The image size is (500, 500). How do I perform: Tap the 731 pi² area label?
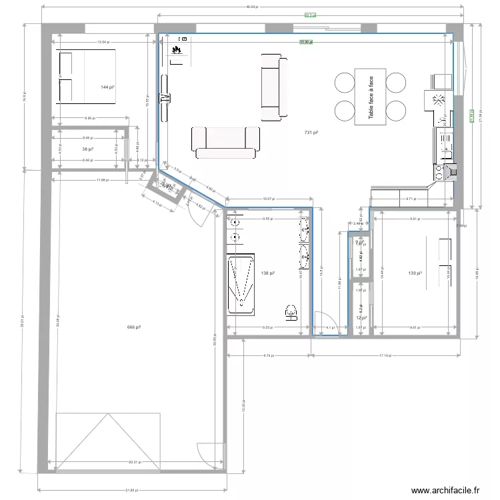click(x=311, y=133)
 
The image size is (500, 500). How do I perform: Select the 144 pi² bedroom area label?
click(x=107, y=87)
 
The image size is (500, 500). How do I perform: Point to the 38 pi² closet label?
click(x=87, y=149)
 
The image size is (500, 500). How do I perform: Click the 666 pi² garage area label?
click(x=133, y=327)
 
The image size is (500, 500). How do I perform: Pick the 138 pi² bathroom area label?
click(x=268, y=273)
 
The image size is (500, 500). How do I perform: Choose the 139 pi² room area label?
click(x=415, y=273)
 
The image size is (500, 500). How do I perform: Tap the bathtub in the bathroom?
click(x=241, y=283)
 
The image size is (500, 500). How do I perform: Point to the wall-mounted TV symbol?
click(x=164, y=99)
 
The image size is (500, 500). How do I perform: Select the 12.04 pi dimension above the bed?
click(x=102, y=42)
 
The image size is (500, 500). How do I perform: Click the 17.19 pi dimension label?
click(x=386, y=356)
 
